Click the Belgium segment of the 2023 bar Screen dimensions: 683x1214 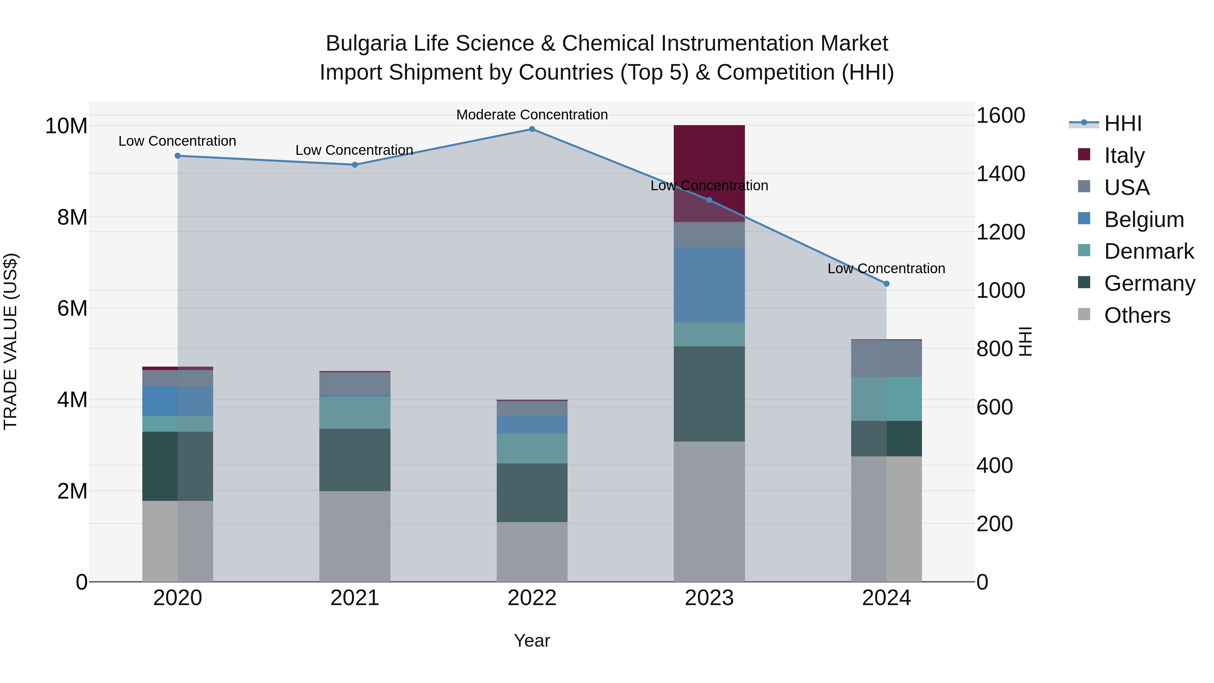709,285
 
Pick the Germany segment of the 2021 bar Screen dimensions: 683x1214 354,460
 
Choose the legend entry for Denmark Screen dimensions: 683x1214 1149,251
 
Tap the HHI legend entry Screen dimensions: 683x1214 1123,123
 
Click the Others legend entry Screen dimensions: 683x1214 1137,315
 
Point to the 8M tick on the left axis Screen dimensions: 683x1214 72,217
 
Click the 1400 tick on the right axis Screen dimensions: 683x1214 1000,174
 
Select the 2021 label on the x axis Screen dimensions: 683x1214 354,598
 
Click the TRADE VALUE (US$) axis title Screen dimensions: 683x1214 10,341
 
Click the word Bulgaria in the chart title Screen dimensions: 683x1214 365,44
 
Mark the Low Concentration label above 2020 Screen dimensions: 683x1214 177,141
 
